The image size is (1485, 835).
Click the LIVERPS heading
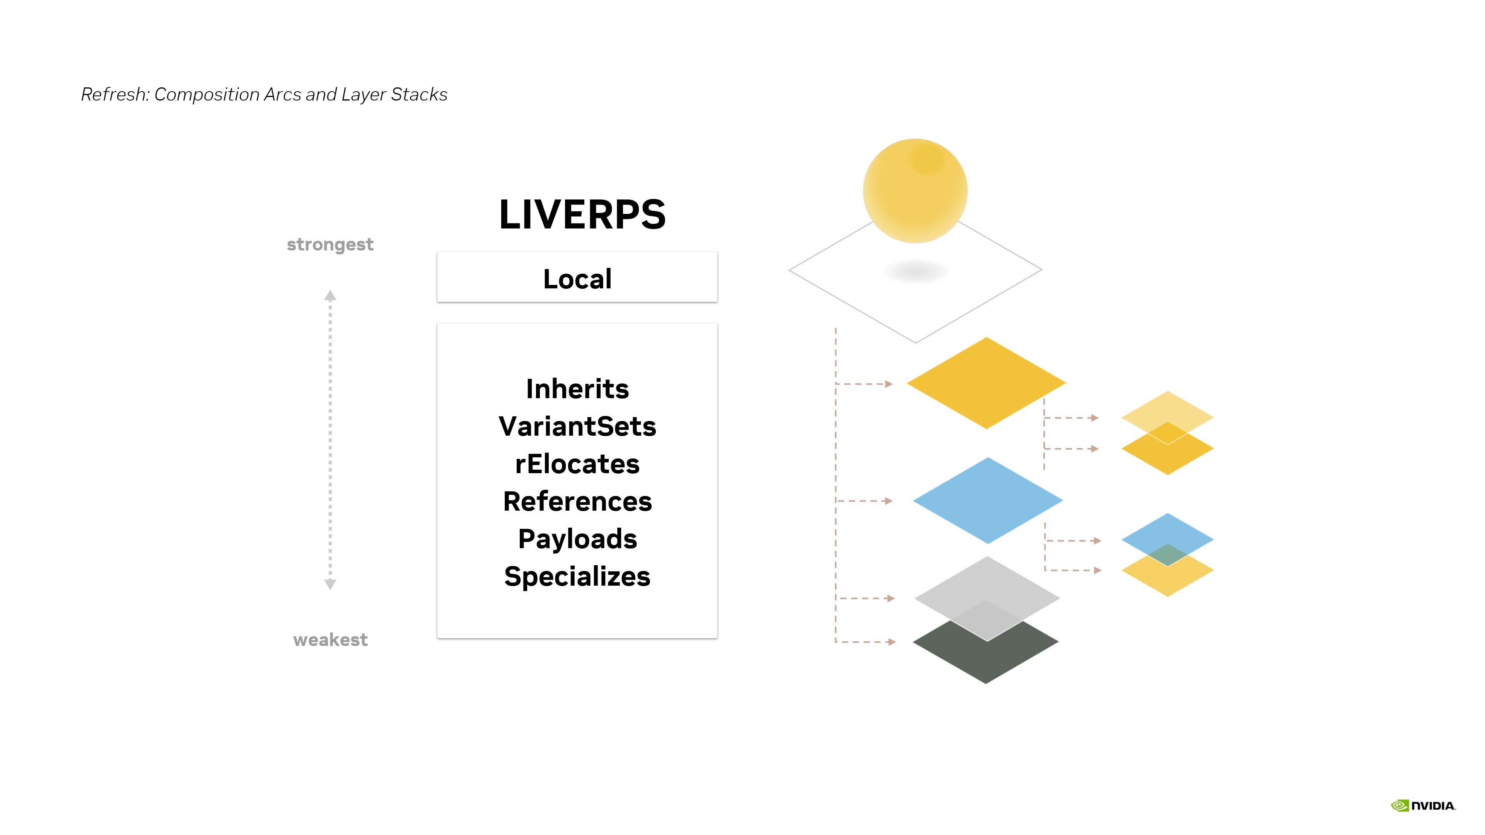coord(582,215)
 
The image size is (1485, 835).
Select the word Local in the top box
coord(577,279)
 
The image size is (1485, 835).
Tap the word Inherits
coord(577,389)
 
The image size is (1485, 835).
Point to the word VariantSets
coord(577,426)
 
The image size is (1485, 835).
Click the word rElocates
coord(577,464)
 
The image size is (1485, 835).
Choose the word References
coord(577,501)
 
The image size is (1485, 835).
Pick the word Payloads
coord(577,539)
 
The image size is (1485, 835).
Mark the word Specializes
coord(577,577)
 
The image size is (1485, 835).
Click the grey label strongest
coord(330,244)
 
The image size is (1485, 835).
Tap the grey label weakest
coord(330,640)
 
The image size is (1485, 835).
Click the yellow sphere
coord(915,191)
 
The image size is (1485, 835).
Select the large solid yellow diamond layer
coord(987,383)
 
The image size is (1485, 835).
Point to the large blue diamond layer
coord(988,500)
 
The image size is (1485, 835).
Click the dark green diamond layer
coord(986,651)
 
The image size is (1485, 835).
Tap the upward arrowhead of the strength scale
coord(330,296)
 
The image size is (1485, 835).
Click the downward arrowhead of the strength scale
coord(330,584)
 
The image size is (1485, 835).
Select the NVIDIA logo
coord(1423,806)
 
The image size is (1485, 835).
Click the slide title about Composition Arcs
coord(264,94)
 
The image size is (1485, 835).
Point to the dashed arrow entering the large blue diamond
coord(864,501)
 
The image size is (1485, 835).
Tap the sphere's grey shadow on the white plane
coord(915,271)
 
